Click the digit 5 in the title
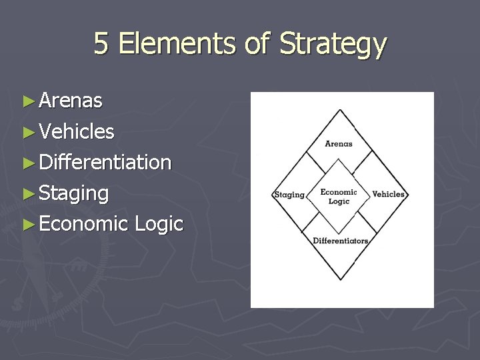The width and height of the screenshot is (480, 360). [101, 44]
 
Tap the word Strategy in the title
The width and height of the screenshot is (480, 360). [333, 45]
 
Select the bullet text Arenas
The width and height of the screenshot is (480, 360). [71, 101]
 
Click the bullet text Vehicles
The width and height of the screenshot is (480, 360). [77, 131]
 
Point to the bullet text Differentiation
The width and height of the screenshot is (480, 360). [105, 162]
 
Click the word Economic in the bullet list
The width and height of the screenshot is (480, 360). [83, 224]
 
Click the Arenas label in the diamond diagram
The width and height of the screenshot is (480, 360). [339, 143]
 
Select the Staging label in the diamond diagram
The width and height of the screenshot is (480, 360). [289, 195]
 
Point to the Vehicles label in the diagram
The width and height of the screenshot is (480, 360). [388, 194]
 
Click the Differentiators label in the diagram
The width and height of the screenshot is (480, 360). [340, 241]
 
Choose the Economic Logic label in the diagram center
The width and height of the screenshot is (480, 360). [339, 196]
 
